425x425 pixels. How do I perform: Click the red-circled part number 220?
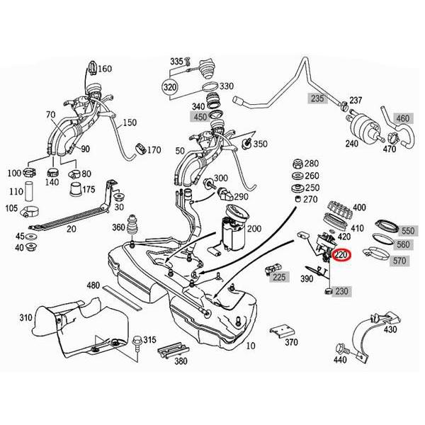[341, 255]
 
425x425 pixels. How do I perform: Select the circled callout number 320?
[169, 88]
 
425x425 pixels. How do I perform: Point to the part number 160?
[105, 69]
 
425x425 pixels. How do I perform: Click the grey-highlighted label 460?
[403, 118]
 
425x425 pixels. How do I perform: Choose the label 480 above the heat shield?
[93, 285]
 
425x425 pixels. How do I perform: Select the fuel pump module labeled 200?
[229, 233]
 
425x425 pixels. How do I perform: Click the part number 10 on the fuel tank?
[249, 346]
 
